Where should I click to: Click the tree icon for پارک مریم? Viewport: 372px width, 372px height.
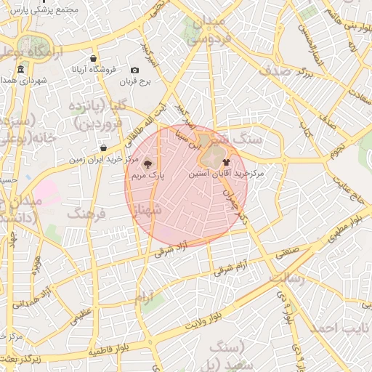click(147, 164)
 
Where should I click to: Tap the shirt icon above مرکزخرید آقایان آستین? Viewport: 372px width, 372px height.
click(226, 163)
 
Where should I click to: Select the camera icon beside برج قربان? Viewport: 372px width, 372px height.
click(134, 70)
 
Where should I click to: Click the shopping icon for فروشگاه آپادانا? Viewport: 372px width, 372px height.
click(94, 59)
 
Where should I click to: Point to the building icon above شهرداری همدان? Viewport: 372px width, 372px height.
click(20, 70)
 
